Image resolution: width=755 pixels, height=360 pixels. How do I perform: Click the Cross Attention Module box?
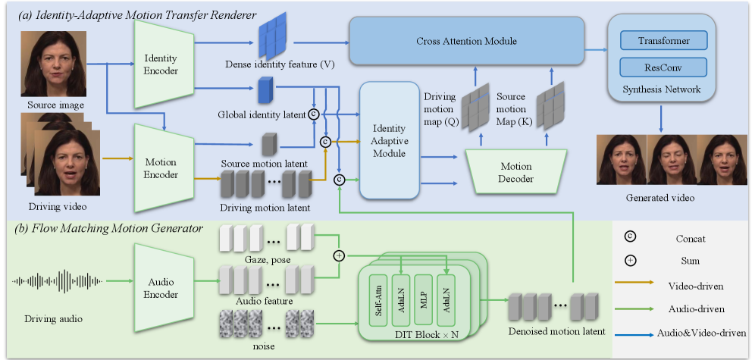coord(467,41)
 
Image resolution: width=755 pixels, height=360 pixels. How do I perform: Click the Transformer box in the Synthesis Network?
coord(664,40)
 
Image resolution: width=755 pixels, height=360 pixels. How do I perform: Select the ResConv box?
coord(664,67)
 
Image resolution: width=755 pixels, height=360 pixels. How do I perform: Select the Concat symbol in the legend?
coord(631,236)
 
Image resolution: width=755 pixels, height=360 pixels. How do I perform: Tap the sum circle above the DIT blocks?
coord(339,255)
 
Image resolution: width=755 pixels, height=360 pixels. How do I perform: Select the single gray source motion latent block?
coord(268,145)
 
